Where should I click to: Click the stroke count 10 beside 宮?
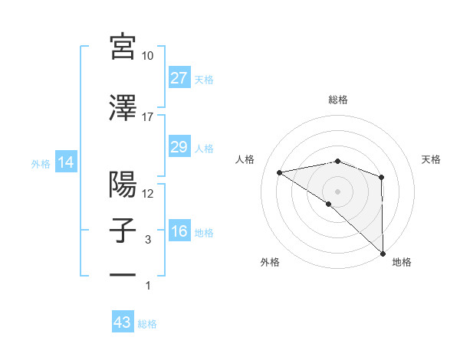point(148,56)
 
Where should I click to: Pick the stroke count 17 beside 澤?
point(148,117)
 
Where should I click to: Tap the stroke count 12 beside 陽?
point(148,194)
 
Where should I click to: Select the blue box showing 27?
point(179,78)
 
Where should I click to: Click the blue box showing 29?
point(179,147)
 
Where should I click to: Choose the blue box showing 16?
point(179,231)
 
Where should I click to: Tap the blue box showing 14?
point(65,162)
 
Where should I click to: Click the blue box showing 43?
point(123,322)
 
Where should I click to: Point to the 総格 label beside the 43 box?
point(148,324)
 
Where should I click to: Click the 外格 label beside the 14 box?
point(41,163)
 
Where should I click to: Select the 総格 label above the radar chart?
point(337,100)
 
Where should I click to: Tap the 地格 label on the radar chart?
point(402,263)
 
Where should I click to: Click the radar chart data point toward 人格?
point(280,172)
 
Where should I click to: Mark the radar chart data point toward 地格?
point(382,252)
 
